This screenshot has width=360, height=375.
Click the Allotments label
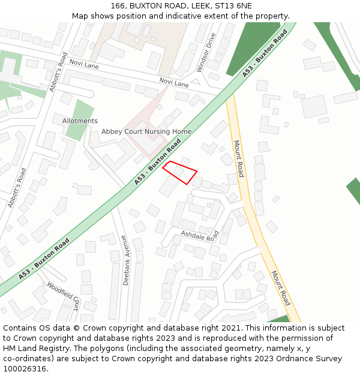[80, 121]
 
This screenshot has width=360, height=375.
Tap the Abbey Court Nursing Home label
[146, 131]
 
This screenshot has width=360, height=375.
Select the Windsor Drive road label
[205, 52]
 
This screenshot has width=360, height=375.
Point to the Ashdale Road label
[200, 236]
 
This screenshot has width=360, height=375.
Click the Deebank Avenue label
[125, 260]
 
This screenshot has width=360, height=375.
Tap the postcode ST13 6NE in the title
[231, 6]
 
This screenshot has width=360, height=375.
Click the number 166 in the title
[118, 6]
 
